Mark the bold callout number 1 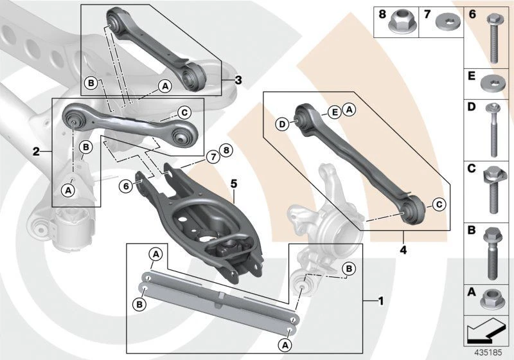[381, 300]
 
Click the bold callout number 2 [37, 152]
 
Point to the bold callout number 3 [238, 80]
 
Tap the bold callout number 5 [235, 184]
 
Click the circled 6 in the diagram [127, 186]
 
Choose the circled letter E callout [335, 112]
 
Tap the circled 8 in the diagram [224, 151]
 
